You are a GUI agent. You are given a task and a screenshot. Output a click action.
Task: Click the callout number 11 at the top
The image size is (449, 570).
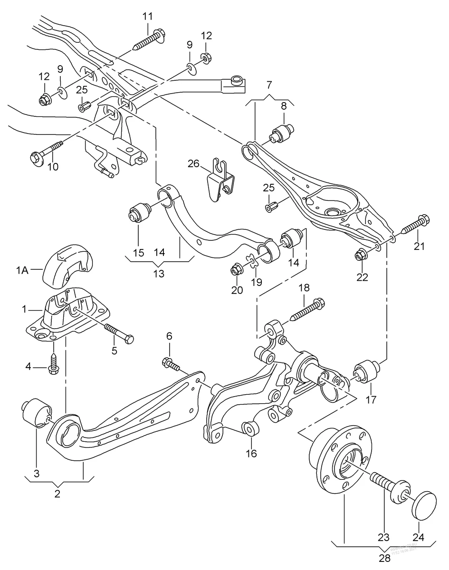tap(147, 16)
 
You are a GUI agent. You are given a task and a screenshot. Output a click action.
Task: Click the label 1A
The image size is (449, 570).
tap(22, 271)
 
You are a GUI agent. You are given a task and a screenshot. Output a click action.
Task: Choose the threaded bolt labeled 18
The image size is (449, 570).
tap(305, 310)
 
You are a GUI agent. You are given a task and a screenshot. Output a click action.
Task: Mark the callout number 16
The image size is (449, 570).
tap(251, 453)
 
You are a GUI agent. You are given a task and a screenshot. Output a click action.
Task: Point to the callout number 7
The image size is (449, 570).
tap(269, 85)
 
